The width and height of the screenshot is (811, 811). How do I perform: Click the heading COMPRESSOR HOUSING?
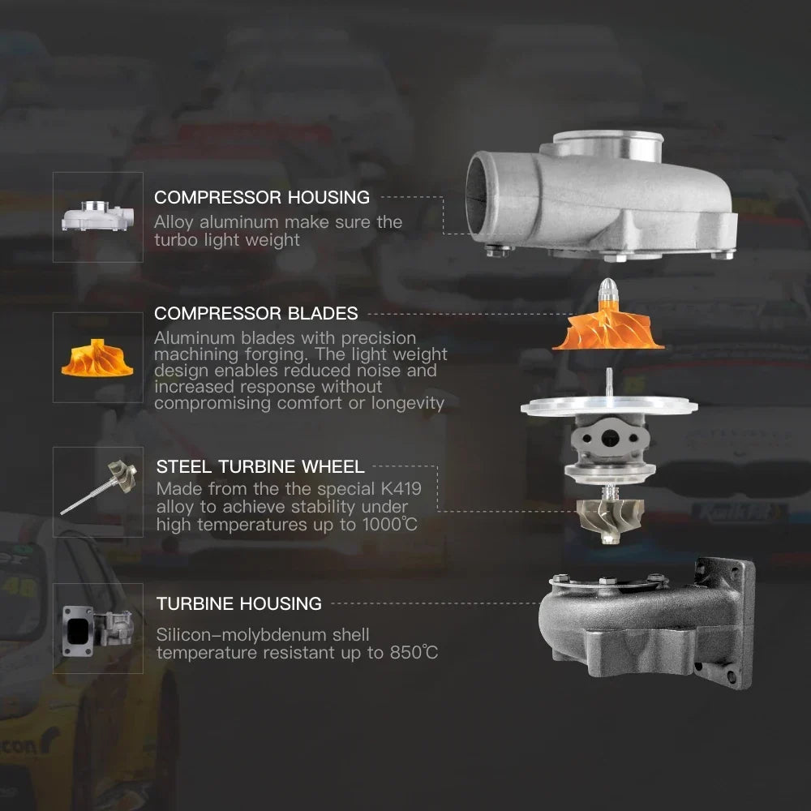pos(262,197)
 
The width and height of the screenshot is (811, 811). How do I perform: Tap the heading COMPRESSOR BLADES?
pos(256,313)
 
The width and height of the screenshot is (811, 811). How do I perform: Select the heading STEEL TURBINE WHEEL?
pos(260,466)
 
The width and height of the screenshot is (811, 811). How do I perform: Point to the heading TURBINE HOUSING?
pos(239,603)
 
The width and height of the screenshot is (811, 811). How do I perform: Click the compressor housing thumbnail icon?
pos(98,216)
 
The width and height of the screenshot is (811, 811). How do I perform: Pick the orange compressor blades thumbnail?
pos(97,358)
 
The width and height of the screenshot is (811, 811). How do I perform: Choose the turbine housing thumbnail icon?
pos(98,630)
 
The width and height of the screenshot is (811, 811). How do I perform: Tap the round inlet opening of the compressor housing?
pos(476,197)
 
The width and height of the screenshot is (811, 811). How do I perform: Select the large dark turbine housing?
pos(646,623)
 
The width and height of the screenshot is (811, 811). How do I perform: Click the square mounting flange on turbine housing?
pos(724,623)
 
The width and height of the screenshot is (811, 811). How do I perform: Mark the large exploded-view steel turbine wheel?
pos(611,519)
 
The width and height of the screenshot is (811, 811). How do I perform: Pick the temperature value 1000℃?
pos(389,525)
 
